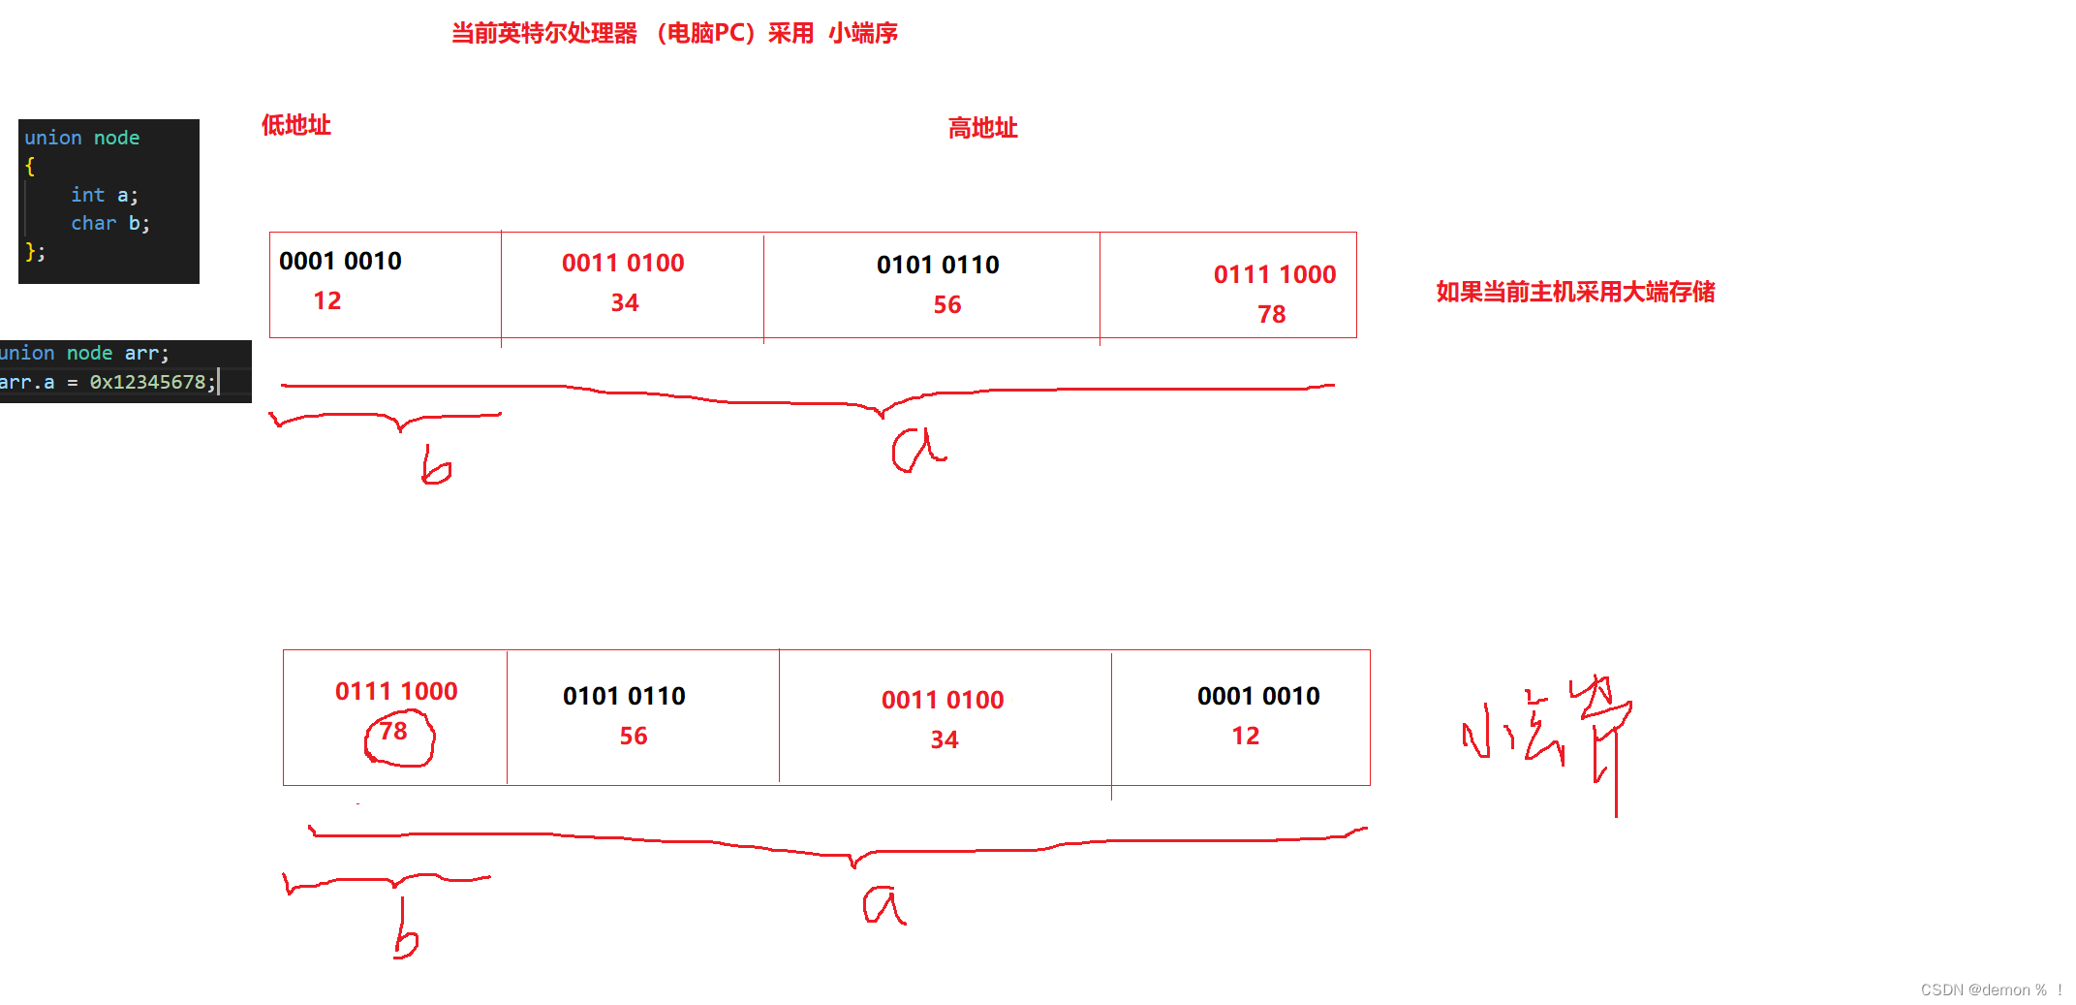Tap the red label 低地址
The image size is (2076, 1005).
295,125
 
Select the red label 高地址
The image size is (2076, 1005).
982,128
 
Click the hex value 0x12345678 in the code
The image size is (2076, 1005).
147,382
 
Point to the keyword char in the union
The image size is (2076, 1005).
93,223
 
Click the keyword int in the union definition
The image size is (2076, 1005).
87,195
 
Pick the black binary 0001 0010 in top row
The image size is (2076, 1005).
340,261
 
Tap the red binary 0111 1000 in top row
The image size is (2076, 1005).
1274,274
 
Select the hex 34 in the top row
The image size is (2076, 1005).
625,303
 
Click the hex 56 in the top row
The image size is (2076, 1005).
946,305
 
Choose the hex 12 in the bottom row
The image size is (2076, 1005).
1245,737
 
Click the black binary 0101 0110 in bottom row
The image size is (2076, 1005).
624,696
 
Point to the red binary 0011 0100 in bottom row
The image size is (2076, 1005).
942,700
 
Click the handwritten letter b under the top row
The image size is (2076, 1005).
435,466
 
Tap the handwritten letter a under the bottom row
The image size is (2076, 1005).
883,907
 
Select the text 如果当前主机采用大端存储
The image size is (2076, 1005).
1575,292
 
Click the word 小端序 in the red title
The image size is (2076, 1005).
862,34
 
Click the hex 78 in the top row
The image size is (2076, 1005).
1271,315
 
